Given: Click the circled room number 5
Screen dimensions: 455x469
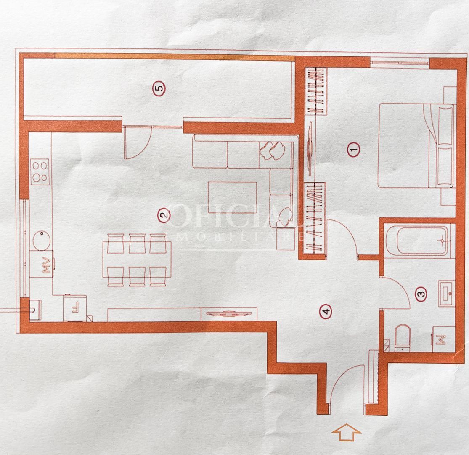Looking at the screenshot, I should tap(159, 89).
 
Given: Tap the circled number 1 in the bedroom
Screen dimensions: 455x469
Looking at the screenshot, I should tap(354, 149).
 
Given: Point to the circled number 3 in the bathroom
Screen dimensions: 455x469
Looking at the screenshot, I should tap(421, 293).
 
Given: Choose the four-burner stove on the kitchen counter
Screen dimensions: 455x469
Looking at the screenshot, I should tap(40, 171).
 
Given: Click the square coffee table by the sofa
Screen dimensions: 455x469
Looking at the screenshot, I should tap(232, 198).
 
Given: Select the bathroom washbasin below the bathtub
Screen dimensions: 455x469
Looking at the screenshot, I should tap(446, 293).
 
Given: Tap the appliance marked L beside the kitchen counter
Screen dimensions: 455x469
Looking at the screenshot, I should tap(75, 308).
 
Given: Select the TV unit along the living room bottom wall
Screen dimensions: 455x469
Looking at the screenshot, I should tap(228, 314).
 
